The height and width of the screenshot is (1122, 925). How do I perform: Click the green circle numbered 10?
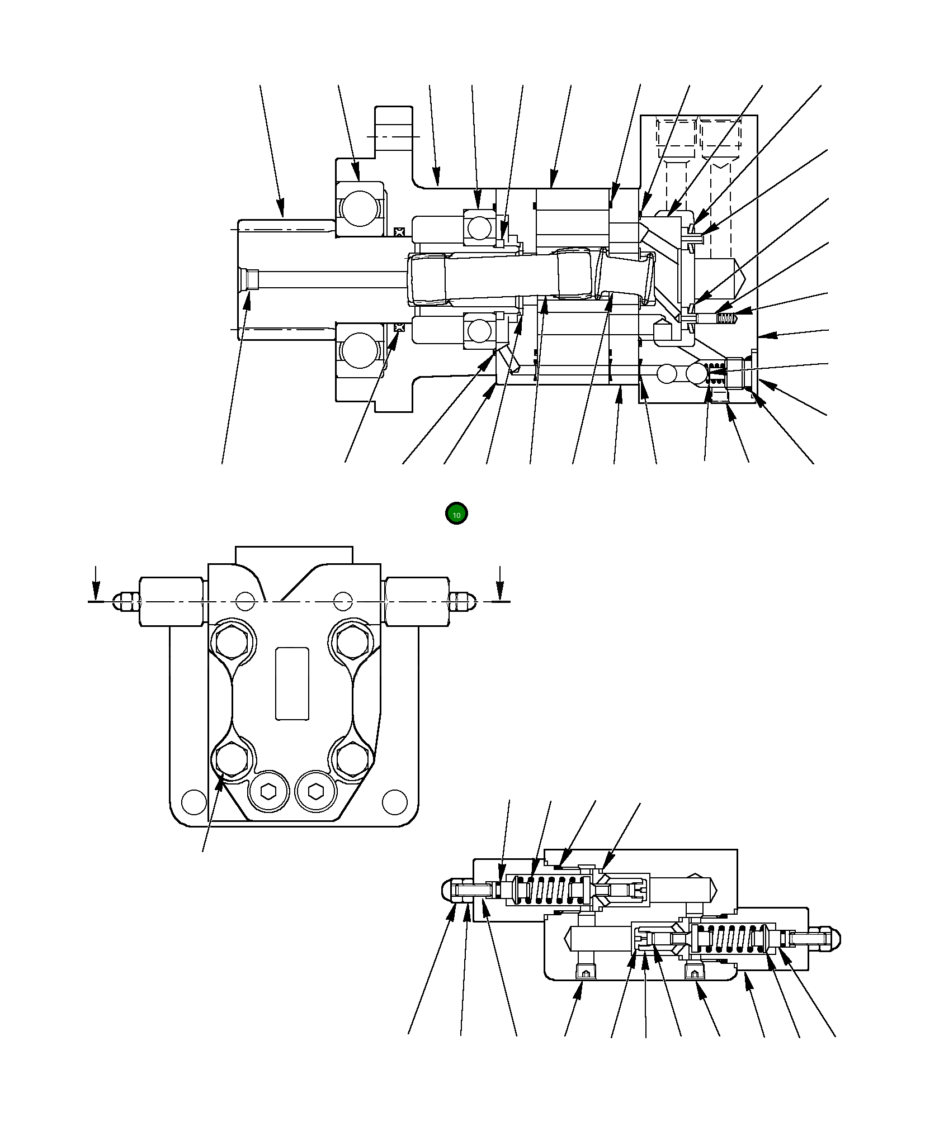(x=456, y=514)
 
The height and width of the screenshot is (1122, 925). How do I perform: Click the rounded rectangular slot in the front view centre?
(x=292, y=683)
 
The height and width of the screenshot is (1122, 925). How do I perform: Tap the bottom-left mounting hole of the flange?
(x=194, y=801)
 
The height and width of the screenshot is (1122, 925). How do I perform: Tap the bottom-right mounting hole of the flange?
(x=394, y=801)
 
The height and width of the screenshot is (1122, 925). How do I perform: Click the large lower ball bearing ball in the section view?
(x=360, y=351)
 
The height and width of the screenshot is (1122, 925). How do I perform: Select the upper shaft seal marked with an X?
(x=399, y=231)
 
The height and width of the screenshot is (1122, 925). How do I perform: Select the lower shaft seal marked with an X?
(x=399, y=327)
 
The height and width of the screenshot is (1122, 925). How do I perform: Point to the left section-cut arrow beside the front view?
(x=96, y=583)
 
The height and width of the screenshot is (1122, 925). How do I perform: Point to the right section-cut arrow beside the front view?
(x=500, y=583)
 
